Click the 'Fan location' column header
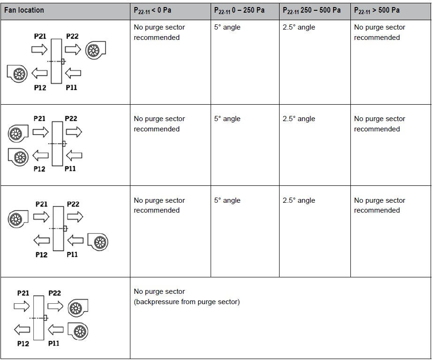[24, 10]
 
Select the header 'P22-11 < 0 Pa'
[152, 10]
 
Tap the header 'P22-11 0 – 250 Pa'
[239, 10]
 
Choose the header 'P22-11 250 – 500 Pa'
[311, 10]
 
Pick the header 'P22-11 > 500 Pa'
[377, 10]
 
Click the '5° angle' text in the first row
[227, 27]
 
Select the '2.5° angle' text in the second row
[299, 119]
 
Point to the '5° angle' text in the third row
[227, 200]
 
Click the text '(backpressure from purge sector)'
[187, 302]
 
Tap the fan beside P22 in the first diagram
[95, 50]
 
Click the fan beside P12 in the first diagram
[17, 74]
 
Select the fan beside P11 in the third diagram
[98, 242]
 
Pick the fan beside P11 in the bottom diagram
[78, 331]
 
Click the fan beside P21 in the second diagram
[18, 133]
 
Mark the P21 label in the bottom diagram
[23, 293]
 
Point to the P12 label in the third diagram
[41, 255]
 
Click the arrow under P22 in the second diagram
[74, 132]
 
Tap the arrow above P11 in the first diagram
[73, 73]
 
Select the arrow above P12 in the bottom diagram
[22, 329]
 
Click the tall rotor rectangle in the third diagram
[59, 229]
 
